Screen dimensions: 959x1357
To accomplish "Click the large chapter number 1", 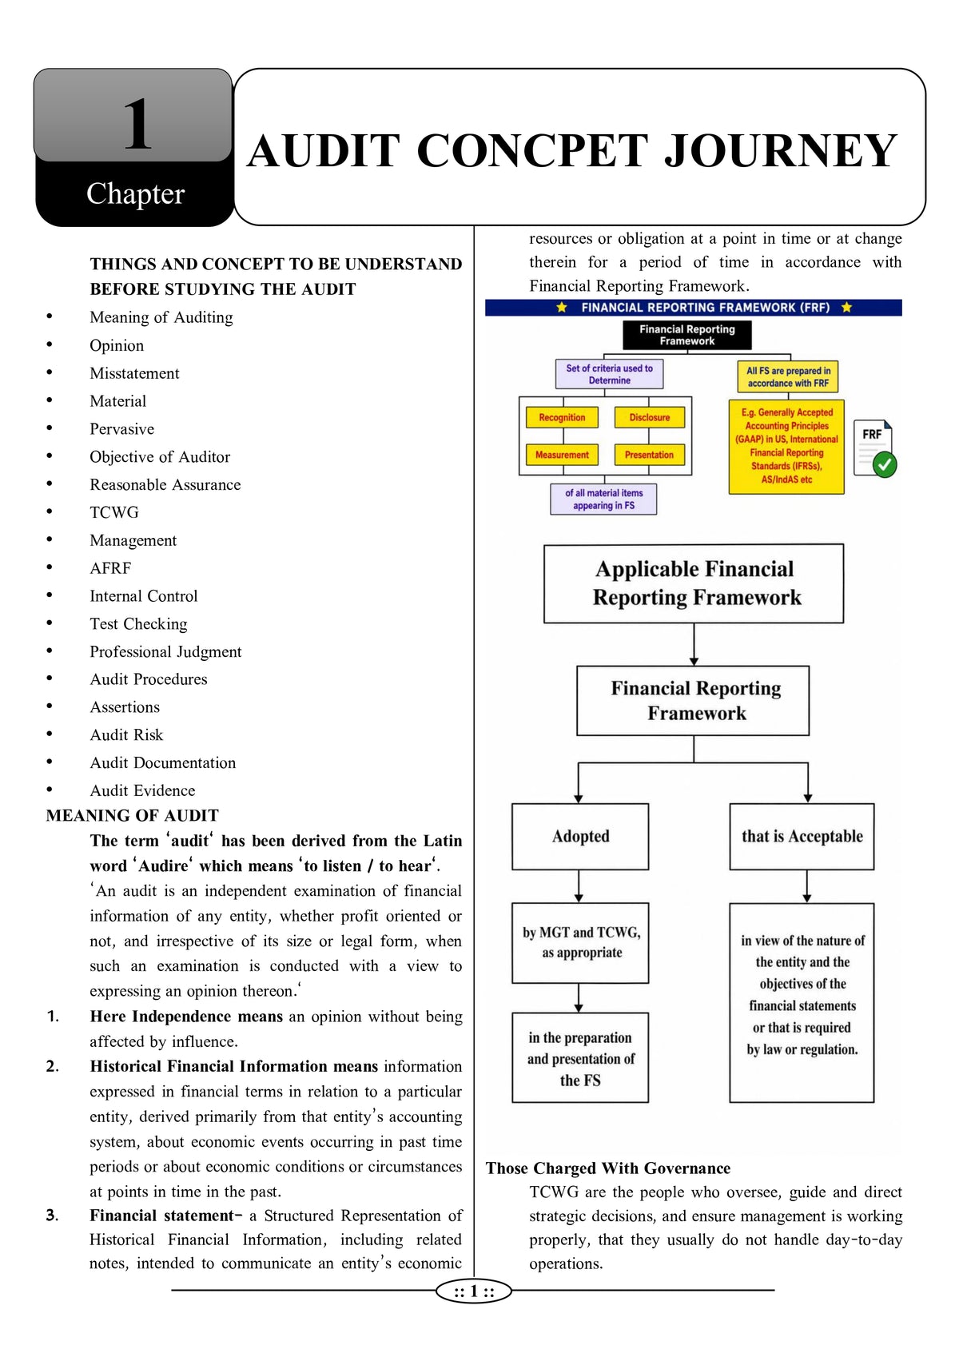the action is click(137, 124).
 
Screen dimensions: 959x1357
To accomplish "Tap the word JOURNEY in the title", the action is click(780, 151).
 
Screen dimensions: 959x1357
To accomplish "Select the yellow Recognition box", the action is click(562, 417).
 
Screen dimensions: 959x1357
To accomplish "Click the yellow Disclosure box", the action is click(650, 417).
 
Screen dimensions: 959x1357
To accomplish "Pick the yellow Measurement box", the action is click(562, 455).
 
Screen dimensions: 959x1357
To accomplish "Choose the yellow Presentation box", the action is click(650, 455).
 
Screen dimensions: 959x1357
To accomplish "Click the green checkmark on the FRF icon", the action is click(885, 464).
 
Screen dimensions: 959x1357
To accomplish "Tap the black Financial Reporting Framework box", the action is click(687, 335).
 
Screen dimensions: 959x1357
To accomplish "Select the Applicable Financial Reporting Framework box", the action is click(694, 583).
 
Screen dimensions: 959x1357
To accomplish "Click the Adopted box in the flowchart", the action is click(580, 837).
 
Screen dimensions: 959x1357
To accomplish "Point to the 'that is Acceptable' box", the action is click(802, 837).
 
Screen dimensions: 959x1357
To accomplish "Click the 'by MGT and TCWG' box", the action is click(580, 943).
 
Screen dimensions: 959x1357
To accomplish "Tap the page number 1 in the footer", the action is click(474, 1291).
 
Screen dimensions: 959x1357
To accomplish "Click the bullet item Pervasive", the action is click(121, 429).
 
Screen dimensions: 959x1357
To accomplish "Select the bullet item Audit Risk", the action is click(126, 734).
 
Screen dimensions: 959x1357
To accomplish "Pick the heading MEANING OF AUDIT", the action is click(132, 815).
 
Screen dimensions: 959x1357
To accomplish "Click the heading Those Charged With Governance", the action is click(607, 1168).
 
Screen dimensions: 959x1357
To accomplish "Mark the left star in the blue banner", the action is click(562, 308).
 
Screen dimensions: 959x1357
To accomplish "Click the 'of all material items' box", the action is click(603, 499).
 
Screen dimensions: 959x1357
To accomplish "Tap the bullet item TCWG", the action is click(114, 512).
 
